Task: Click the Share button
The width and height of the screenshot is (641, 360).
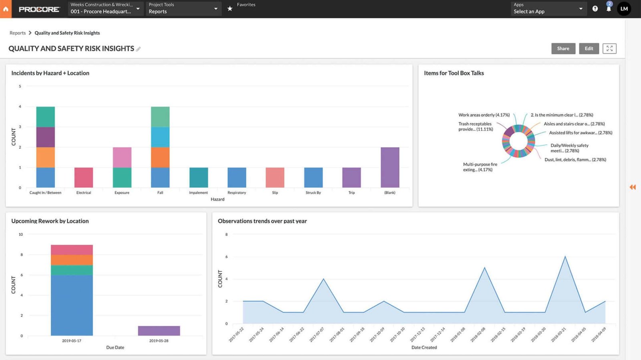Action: click(563, 49)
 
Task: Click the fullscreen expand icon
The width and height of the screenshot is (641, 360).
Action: click(609, 49)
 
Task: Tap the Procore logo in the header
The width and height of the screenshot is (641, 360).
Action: click(39, 9)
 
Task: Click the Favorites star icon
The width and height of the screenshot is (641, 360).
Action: click(230, 8)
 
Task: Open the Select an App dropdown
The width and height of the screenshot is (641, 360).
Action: click(548, 8)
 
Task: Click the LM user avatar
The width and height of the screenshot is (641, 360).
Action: click(624, 8)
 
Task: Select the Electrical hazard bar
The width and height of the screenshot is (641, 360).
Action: click(84, 178)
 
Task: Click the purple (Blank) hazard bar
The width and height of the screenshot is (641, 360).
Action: click(390, 167)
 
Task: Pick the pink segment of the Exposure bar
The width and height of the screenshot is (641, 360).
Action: click(122, 157)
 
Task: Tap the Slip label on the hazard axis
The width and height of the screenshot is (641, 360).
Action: click(275, 193)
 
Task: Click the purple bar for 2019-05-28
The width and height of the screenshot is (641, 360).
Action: click(159, 331)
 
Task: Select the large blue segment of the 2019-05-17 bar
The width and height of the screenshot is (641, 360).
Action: click(72, 305)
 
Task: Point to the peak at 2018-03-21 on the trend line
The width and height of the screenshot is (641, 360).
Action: click(565, 257)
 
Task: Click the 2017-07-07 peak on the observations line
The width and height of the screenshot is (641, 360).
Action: click(323, 279)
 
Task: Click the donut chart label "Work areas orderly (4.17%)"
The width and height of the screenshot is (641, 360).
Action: click(484, 115)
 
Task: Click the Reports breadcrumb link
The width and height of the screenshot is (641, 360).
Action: click(18, 33)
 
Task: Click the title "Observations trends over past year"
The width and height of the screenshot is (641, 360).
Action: click(262, 221)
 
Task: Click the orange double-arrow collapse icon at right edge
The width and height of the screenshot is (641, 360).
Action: click(633, 187)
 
